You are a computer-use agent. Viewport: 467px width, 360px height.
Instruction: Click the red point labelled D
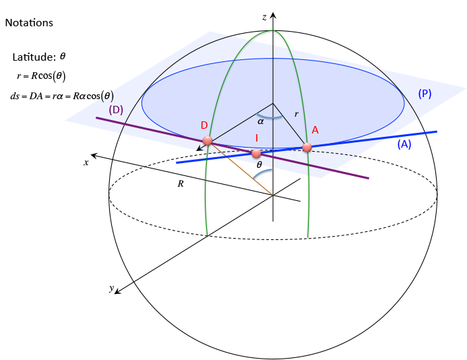pos(208,141)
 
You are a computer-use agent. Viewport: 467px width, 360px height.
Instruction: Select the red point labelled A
pos(307,147)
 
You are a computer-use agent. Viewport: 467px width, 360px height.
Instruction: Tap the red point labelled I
pos(256,154)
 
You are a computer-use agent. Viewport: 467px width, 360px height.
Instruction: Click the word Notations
pos(29,23)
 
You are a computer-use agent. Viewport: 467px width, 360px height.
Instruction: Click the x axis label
pos(86,162)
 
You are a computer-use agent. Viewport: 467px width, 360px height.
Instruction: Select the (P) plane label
pos(425,94)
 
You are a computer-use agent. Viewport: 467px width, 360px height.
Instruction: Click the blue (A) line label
pos(404,144)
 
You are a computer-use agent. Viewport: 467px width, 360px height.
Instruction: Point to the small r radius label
pos(296,114)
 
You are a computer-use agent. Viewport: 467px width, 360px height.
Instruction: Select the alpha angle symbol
pos(260,122)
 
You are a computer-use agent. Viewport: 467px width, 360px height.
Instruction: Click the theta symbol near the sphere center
pos(259,164)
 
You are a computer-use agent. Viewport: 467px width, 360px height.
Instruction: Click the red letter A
pos(315,131)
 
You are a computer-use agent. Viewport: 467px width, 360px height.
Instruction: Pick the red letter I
pos(256,138)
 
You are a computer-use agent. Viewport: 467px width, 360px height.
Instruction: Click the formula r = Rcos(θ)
pos(41,76)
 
